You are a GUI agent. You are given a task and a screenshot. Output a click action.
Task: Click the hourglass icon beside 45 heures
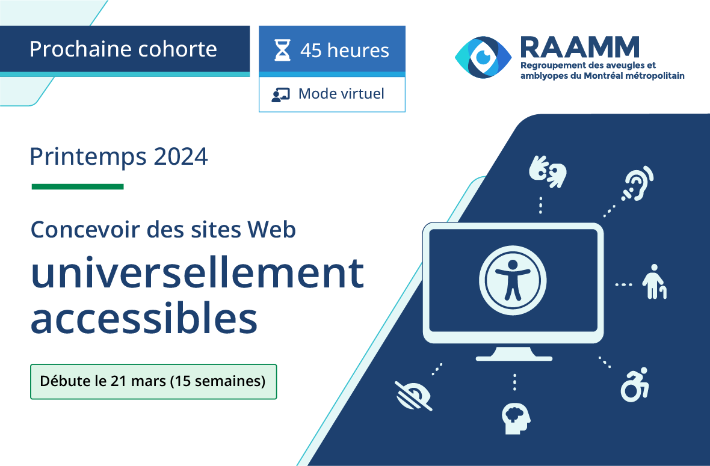tap(283, 50)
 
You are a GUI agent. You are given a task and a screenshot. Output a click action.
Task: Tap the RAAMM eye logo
tap(483, 58)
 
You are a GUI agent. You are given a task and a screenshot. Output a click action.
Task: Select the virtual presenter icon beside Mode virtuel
tap(281, 94)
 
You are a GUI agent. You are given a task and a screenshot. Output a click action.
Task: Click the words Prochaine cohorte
tap(123, 49)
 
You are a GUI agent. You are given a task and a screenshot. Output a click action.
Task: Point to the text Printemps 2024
tap(119, 157)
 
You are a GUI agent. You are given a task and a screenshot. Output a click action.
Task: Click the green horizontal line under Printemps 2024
tap(78, 186)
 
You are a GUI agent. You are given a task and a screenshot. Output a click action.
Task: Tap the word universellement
tap(197, 273)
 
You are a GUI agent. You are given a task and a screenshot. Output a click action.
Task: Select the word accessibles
tap(144, 319)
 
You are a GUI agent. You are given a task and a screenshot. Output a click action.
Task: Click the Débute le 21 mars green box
tap(153, 381)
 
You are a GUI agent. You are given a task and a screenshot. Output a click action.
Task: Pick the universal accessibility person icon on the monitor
tap(513, 280)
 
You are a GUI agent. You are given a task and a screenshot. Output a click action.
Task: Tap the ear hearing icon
tap(638, 183)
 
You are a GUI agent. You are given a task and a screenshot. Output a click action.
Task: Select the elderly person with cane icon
tap(654, 282)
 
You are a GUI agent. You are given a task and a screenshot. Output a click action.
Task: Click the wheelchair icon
tap(635, 384)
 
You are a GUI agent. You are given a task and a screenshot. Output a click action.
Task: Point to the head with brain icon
tap(516, 418)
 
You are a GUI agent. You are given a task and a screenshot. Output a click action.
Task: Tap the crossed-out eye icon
tap(413, 396)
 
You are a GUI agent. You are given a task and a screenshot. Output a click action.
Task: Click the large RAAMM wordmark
tap(579, 48)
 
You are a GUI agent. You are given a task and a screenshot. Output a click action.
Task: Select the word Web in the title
tap(272, 229)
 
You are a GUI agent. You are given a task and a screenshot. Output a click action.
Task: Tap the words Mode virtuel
tap(341, 94)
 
